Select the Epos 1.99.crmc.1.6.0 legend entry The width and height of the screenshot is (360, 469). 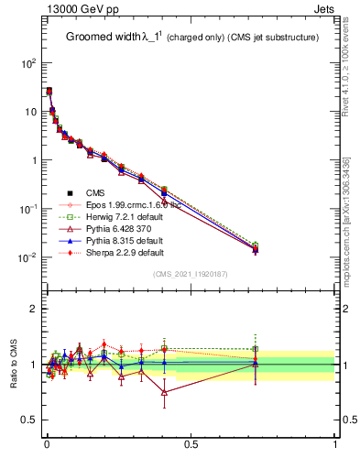click(128, 204)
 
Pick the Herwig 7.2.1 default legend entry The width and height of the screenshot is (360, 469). click(125, 216)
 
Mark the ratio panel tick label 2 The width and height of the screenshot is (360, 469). click(33, 309)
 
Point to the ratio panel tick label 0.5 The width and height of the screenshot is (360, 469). click(29, 420)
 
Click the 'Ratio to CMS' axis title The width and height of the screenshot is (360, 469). click(14, 364)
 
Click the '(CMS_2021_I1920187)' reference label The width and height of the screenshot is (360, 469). click(191, 274)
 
